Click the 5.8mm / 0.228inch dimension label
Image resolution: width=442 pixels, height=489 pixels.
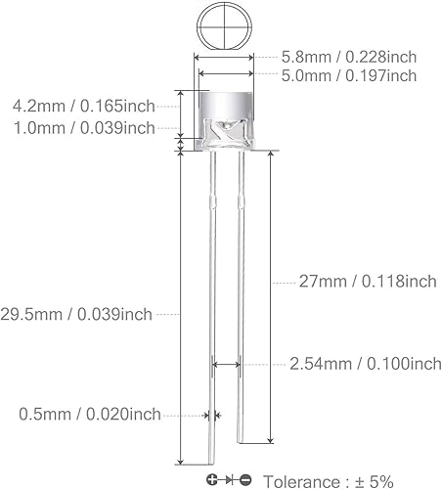coord(348,58)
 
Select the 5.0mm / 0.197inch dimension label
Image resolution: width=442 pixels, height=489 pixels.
coord(348,75)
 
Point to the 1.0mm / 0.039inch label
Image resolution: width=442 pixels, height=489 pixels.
coord(83,127)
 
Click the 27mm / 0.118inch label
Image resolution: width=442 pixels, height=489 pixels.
coord(367,283)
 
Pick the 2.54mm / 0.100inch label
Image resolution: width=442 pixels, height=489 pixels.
coord(366,364)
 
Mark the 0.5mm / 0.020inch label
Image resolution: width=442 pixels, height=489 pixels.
coord(90,415)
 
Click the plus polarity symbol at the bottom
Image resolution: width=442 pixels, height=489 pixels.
coord(212,479)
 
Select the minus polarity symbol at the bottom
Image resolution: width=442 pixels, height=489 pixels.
coord(245,479)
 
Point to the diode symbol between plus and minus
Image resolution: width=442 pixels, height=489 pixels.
coord(229,479)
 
